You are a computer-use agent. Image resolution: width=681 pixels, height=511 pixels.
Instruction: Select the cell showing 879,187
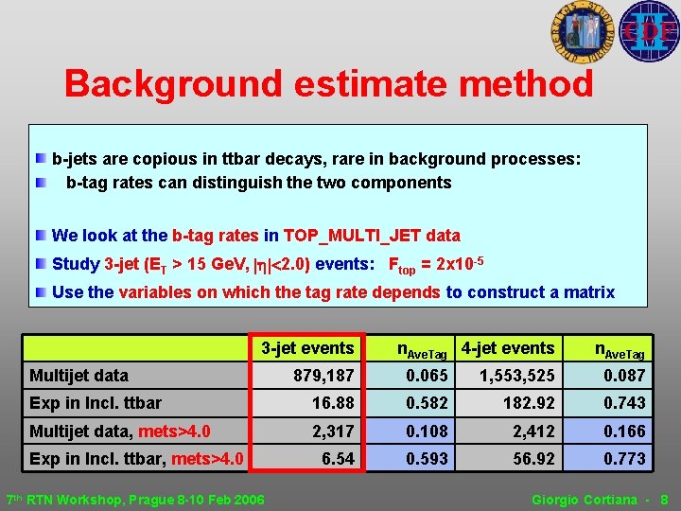click(323, 376)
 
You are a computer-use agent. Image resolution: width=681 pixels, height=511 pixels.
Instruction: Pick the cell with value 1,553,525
click(516, 376)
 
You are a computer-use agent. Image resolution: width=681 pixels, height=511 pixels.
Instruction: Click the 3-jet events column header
click(307, 348)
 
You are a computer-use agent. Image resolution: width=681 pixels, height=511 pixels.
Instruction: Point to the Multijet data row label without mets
click(79, 376)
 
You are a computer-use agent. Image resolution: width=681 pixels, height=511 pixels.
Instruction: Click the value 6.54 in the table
click(338, 459)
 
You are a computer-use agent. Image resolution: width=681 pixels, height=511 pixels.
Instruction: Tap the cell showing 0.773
click(624, 459)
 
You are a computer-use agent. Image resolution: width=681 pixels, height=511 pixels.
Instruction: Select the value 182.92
click(529, 403)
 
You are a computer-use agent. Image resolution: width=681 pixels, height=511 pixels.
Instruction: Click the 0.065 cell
click(427, 376)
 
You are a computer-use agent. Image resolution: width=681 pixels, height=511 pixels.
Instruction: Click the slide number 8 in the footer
click(664, 499)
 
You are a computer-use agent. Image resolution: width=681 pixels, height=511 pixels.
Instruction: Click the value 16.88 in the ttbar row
click(333, 403)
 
